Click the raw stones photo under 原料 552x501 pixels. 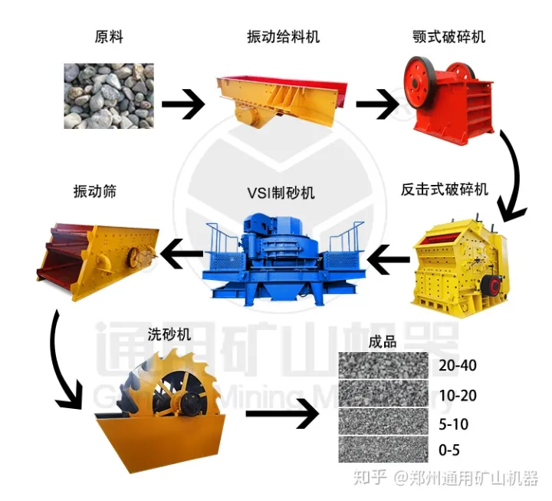(108, 96)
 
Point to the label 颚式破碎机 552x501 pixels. (448, 36)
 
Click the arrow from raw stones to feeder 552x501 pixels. (182, 104)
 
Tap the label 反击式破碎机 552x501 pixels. (445, 190)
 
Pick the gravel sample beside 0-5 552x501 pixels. (383, 449)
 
